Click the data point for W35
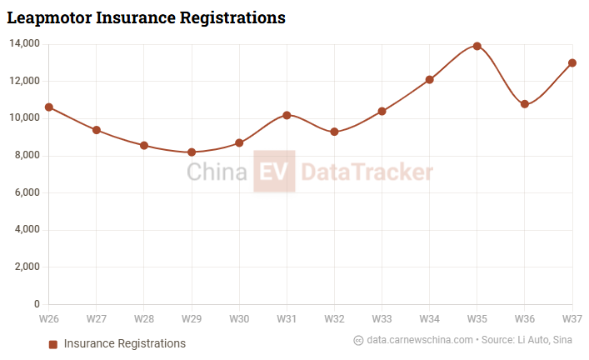tap(477, 46)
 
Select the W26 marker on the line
tap(49, 107)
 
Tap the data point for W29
tap(192, 152)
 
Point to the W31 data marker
tap(287, 115)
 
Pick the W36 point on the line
tap(525, 104)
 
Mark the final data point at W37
tap(572, 62)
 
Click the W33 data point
tap(382, 111)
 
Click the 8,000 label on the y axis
tap(26, 156)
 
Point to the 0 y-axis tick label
tap(37, 305)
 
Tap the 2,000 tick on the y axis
tap(26, 267)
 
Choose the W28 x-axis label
tap(144, 319)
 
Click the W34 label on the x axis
tap(430, 319)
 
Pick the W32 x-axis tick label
tap(335, 319)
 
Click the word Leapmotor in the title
tap(50, 17)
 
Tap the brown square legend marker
tap(53, 344)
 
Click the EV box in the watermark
tap(274, 172)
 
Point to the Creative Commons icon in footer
tap(359, 340)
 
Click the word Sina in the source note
tap(562, 340)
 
